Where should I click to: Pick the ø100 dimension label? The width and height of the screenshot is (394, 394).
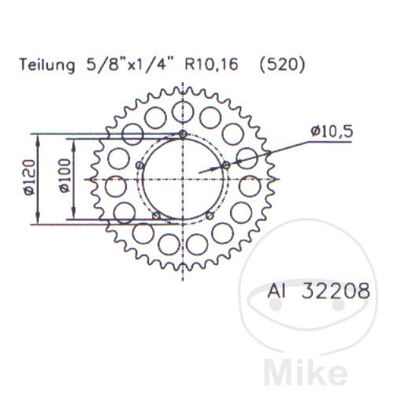[x=63, y=180]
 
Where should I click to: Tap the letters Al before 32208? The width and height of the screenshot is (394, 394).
[x=280, y=292]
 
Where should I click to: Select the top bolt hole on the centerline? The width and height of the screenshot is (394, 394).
[x=184, y=135]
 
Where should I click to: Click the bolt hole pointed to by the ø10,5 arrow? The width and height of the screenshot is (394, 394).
[x=228, y=164]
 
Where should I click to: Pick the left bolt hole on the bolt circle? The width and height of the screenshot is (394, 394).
[x=139, y=165]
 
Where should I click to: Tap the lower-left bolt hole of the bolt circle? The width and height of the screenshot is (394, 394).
[x=156, y=215]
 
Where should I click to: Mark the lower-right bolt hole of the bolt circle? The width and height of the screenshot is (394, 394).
[x=210, y=215]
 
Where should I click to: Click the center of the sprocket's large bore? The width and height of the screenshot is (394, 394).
[x=184, y=180]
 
